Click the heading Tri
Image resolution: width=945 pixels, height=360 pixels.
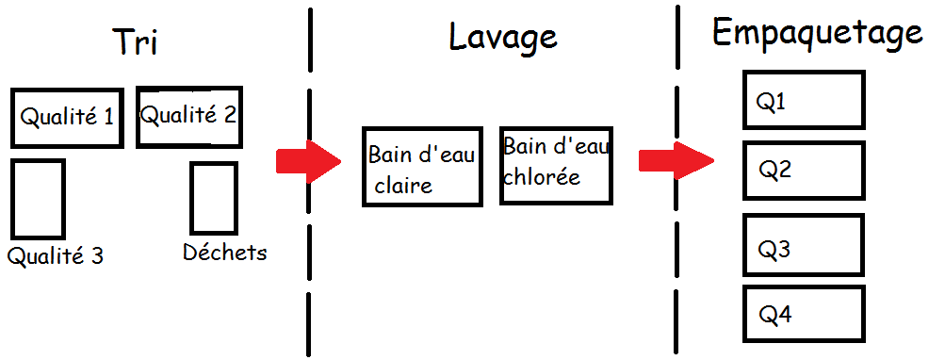(136, 41)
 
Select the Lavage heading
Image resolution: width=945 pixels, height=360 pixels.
(502, 38)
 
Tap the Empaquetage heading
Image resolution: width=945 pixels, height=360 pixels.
(818, 34)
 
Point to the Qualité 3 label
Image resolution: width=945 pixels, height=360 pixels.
(56, 256)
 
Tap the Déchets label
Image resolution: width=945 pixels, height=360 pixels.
(225, 252)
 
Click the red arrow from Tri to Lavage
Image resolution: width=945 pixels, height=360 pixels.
(309, 161)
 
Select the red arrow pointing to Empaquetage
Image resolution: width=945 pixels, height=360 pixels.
(676, 161)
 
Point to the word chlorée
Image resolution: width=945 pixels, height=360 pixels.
(542, 176)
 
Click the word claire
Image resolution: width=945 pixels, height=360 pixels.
(403, 185)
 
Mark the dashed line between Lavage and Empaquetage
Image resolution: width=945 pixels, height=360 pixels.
(676, 180)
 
